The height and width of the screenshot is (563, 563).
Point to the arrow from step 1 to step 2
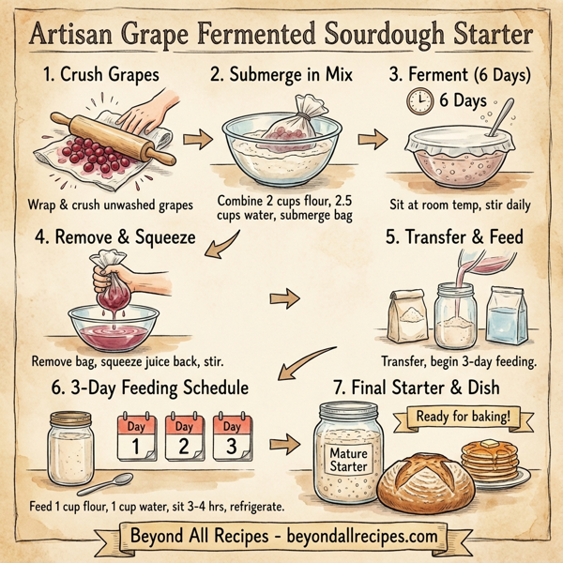point(194,140)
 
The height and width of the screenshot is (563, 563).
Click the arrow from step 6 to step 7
point(280,442)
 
